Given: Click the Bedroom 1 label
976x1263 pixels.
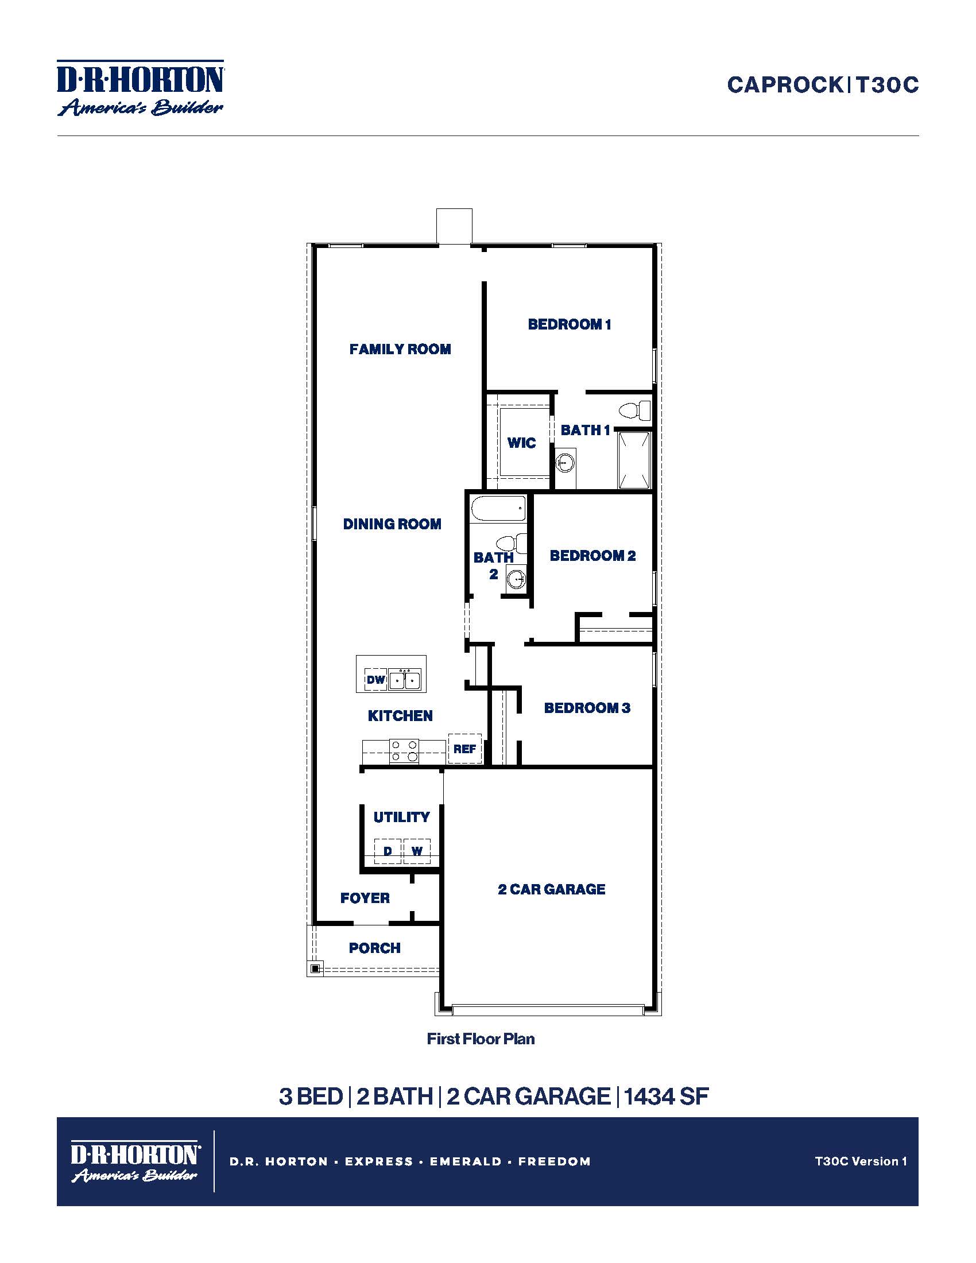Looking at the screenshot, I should (569, 324).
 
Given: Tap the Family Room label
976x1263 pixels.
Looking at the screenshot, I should (400, 349).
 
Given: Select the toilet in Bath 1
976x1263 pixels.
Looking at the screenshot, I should (634, 410).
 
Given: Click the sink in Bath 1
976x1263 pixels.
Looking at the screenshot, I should (565, 463).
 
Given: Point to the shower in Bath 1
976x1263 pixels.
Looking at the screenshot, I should (634, 460).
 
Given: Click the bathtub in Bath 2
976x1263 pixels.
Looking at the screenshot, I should (498, 509).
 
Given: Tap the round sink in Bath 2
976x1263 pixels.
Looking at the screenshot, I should (516, 578).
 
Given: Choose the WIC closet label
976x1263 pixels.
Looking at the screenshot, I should (521, 443).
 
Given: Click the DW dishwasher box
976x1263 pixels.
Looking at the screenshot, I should (376, 680).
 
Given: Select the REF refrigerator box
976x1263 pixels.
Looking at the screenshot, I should (464, 749).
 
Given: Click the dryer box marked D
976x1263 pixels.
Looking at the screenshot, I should (388, 851).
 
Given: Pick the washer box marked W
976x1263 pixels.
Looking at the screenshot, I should (417, 851).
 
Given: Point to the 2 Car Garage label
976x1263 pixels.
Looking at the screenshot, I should (552, 889).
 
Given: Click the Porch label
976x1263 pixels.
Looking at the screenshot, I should (375, 948).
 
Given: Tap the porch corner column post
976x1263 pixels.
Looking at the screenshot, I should (315, 968).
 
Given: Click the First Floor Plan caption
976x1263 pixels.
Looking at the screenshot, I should (481, 1039).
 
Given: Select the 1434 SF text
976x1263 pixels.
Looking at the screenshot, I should (666, 1097).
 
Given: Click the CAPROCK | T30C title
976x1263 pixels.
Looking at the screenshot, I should (822, 85).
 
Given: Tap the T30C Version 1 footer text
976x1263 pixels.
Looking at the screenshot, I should (861, 1161).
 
